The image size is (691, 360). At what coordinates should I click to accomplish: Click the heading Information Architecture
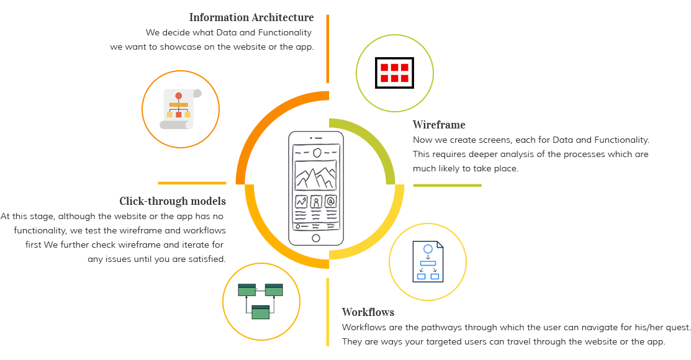coord(251,17)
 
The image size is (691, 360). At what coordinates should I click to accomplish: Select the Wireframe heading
coord(439,125)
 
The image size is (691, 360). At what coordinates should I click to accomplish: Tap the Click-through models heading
coord(173,201)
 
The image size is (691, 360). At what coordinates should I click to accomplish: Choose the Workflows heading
coord(368,312)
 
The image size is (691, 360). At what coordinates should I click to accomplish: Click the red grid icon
coord(394,73)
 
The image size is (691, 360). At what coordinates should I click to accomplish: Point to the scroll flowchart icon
coord(180,109)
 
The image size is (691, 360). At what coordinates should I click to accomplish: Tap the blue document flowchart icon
coord(428,261)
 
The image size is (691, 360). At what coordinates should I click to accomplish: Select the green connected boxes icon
coord(261,300)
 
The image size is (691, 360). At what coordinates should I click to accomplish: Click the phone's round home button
coord(315,238)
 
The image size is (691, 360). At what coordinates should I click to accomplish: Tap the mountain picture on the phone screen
coord(315,176)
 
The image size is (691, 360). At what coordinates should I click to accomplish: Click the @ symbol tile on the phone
coord(331,202)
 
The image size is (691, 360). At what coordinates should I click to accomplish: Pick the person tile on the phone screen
coord(316,202)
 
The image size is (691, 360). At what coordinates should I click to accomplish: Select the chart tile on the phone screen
coord(301,202)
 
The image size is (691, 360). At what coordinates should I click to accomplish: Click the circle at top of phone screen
coord(317,152)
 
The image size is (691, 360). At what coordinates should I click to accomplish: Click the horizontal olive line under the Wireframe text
coord(447,185)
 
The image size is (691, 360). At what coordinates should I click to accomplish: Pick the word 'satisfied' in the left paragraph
coord(207,259)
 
